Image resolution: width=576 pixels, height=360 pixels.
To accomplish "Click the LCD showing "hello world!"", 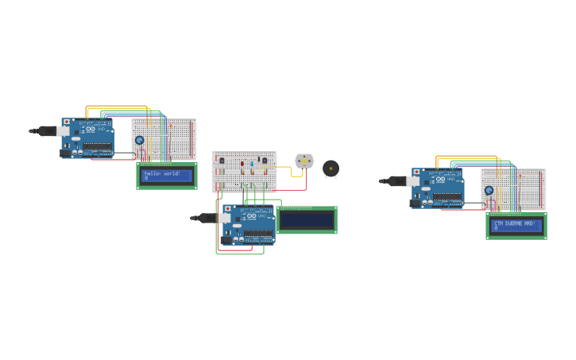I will coord(167,176).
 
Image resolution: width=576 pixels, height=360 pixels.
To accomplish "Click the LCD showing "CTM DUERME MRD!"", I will coord(516,226).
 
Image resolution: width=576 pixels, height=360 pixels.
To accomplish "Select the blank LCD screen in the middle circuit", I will coord(307,220).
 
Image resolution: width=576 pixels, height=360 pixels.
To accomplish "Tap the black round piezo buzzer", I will coord(331,168).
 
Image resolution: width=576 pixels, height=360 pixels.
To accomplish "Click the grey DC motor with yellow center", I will coord(304,161).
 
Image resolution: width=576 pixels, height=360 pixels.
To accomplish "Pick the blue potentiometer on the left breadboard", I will coord(140,140).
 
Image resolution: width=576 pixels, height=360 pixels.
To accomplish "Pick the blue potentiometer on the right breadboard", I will coord(489,190).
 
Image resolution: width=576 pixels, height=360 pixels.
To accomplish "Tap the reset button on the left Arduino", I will coord(66,122).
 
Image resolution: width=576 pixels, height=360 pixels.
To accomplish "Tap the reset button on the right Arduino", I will coord(416,172).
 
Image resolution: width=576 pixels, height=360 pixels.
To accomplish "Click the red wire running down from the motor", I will coord(307,181).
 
